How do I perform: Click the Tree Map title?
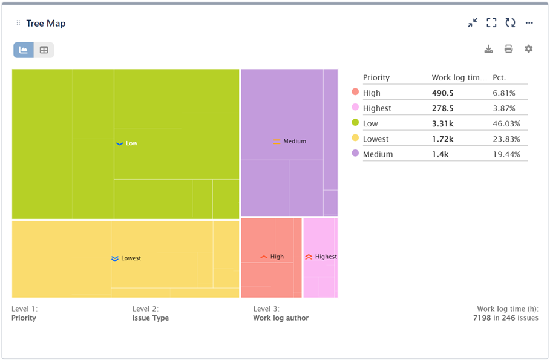46,24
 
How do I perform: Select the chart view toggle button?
24,50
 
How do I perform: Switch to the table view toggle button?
44,50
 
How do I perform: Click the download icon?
488,49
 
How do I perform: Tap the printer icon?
508,49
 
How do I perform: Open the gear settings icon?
528,49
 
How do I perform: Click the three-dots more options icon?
529,23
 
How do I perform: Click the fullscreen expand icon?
491,23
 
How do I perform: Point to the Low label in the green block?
131,143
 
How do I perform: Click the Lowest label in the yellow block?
131,258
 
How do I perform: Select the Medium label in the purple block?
295,142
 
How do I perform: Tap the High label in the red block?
277,257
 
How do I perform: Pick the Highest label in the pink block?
326,257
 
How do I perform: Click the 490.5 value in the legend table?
442,93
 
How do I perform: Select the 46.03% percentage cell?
506,124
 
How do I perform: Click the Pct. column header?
499,78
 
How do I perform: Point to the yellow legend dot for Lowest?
355,139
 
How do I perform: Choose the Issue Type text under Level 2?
151,318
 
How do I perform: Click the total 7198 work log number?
481,318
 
